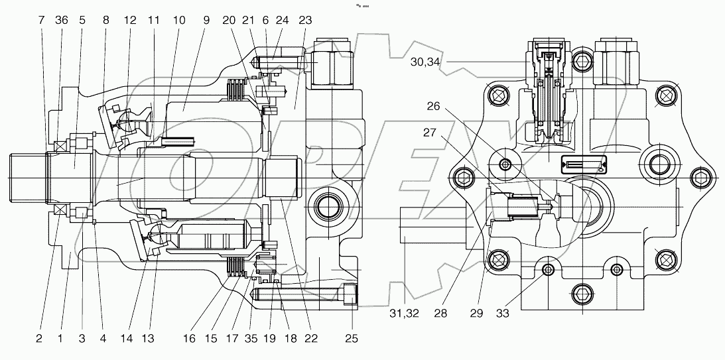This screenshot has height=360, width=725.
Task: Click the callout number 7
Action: coord(42,20)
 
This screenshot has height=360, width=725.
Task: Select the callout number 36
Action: coord(62,20)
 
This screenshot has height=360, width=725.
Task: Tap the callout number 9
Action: coord(206,20)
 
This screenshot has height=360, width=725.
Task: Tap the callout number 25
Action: coord(352,339)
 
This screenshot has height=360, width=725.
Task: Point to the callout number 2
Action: coord(39,339)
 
